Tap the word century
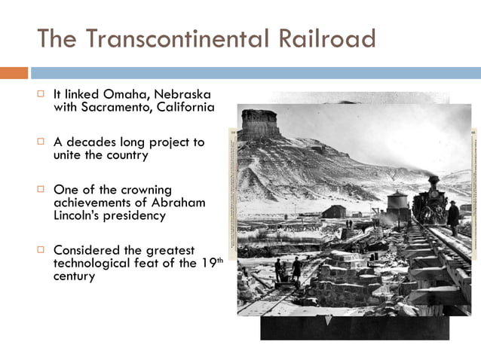(x=75, y=276)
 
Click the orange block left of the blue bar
(x=14, y=73)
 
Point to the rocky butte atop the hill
(x=261, y=124)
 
